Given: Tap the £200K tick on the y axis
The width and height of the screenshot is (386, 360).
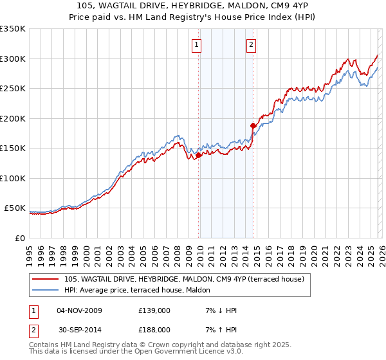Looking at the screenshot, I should point(13,118).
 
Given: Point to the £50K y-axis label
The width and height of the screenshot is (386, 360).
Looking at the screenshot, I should point(15,208).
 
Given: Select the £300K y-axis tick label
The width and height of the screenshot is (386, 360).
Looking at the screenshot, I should point(13,59).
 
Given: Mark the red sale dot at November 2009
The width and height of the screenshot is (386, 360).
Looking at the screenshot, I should point(198,155).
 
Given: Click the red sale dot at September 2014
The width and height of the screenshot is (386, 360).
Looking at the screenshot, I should point(253,125).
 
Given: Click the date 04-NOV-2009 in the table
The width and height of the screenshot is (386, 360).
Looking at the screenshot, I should point(79,310).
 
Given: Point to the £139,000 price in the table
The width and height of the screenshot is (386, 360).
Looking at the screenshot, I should point(154,310).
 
